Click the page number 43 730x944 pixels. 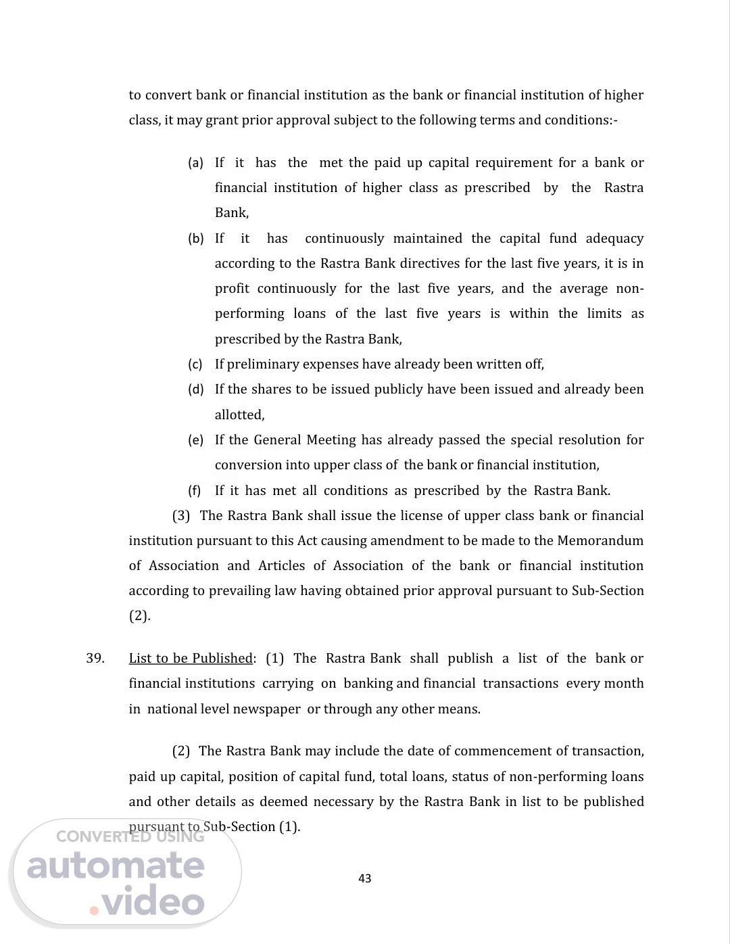coord(365,878)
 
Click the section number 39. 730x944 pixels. coord(95,658)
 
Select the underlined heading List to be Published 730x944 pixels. coord(191,658)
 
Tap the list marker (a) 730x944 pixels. coord(195,163)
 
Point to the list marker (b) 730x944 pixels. coord(195,239)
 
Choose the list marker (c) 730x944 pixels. coord(195,364)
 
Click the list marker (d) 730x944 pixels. coord(195,390)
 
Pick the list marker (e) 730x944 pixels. coord(195,440)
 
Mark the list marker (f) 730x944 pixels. coord(195,491)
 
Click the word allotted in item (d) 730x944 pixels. coord(239,415)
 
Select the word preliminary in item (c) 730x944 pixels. coord(262,364)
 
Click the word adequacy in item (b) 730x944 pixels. coord(614,238)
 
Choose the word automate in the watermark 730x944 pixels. coord(116,867)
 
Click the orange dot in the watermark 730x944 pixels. coord(95,910)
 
